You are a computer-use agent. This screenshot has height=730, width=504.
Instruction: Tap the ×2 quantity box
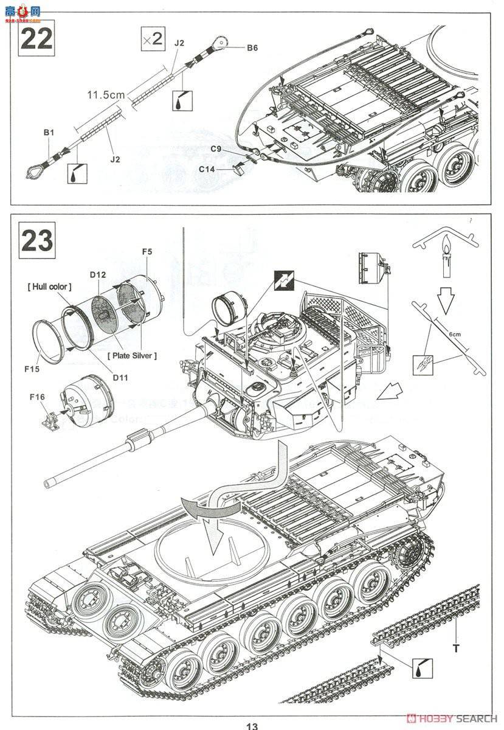pyautogui.click(x=152, y=40)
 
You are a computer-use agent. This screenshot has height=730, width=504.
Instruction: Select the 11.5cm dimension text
pyautogui.click(x=105, y=95)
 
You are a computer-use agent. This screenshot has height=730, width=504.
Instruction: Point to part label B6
pyautogui.click(x=252, y=47)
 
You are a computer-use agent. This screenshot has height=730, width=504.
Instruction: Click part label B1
pyautogui.click(x=49, y=132)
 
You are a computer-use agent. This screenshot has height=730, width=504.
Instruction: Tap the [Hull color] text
pyautogui.click(x=49, y=287)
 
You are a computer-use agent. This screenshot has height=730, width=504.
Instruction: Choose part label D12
pyautogui.click(x=97, y=274)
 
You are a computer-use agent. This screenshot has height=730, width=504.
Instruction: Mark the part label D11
pyautogui.click(x=120, y=378)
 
